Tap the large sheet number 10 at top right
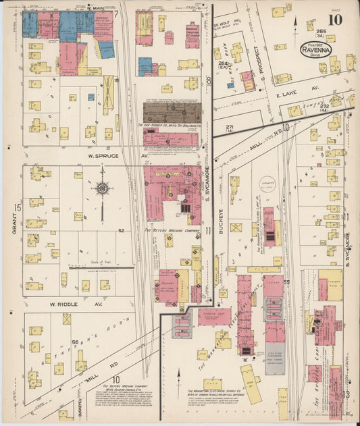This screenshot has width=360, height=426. click(x=336, y=20)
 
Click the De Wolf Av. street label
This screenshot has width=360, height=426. click(x=223, y=26)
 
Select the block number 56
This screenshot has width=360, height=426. click(x=75, y=342)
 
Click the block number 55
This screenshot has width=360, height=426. click(x=287, y=282)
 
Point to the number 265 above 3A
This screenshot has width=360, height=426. click(x=320, y=32)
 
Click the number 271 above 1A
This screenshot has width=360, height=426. click(x=230, y=126)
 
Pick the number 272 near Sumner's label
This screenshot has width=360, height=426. click(x=324, y=106)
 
